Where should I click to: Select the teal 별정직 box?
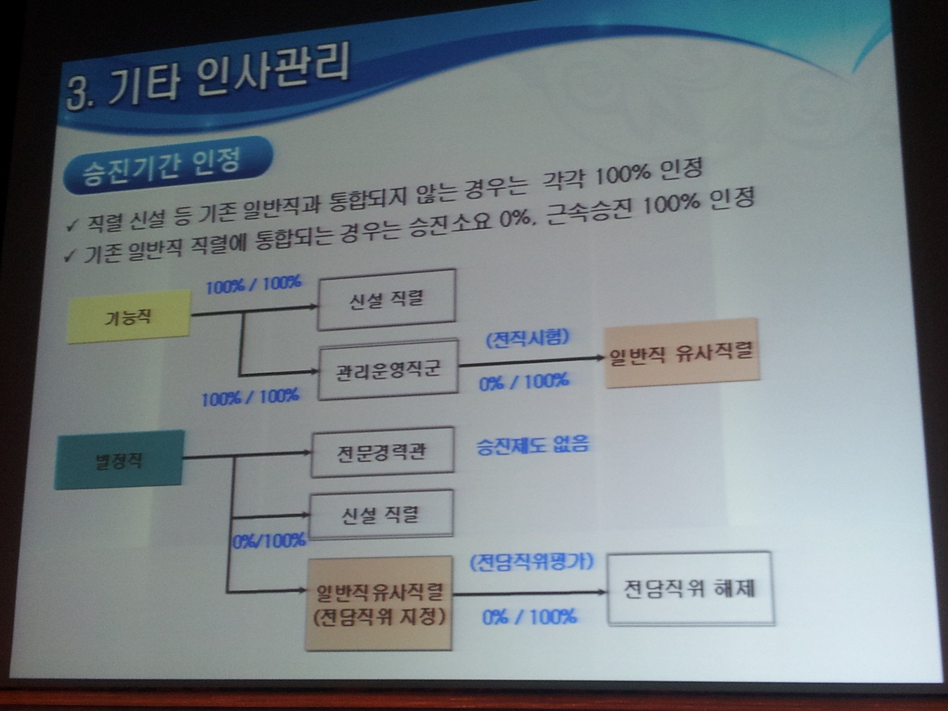pos(119,460)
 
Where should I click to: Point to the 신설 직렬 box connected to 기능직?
pos(386,299)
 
